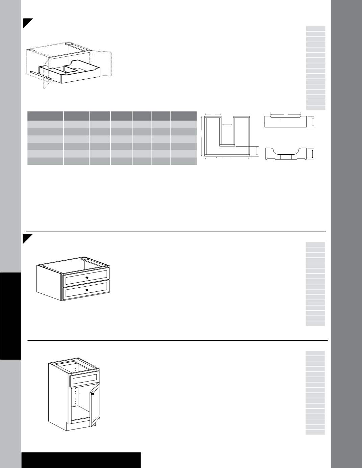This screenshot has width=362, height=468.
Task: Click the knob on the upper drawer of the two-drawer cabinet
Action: pyautogui.click(x=87, y=278)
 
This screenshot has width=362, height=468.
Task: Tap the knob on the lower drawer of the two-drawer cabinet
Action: pyautogui.click(x=87, y=290)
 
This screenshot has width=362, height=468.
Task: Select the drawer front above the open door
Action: pyautogui.click(x=83, y=380)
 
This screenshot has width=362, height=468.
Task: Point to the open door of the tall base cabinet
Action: pyautogui.click(x=95, y=404)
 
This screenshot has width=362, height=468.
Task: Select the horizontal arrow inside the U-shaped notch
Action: pyautogui.click(x=227, y=125)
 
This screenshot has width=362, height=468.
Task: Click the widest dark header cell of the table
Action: pyautogui.click(x=45, y=116)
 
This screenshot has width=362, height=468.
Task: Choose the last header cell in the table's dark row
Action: pyautogui.click(x=184, y=116)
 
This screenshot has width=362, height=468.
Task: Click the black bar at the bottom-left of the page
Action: pyautogui.click(x=81, y=460)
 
